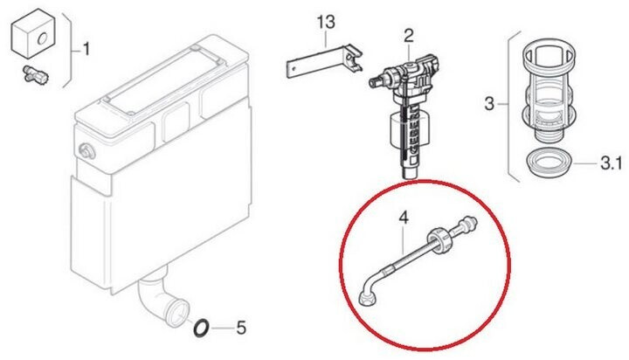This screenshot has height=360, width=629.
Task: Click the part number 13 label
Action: click(326, 22)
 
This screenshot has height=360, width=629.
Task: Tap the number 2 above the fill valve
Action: click(408, 36)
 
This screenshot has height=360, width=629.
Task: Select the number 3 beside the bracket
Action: click(489, 104)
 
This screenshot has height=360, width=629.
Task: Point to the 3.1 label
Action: click(611, 163)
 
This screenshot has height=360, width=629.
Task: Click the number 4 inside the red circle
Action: click(404, 218)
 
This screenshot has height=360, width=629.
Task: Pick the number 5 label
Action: click(241, 328)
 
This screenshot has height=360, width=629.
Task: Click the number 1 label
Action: click(86, 50)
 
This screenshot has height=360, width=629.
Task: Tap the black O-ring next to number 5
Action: click(201, 328)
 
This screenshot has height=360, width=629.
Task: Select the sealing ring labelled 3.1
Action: click(548, 163)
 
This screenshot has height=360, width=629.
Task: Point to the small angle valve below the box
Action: click(35, 74)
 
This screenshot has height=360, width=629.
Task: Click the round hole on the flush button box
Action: click(42, 39)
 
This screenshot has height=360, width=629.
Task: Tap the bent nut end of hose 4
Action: click(366, 298)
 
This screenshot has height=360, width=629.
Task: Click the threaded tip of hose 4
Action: click(469, 222)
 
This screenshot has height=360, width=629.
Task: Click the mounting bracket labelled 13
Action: click(324, 60)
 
